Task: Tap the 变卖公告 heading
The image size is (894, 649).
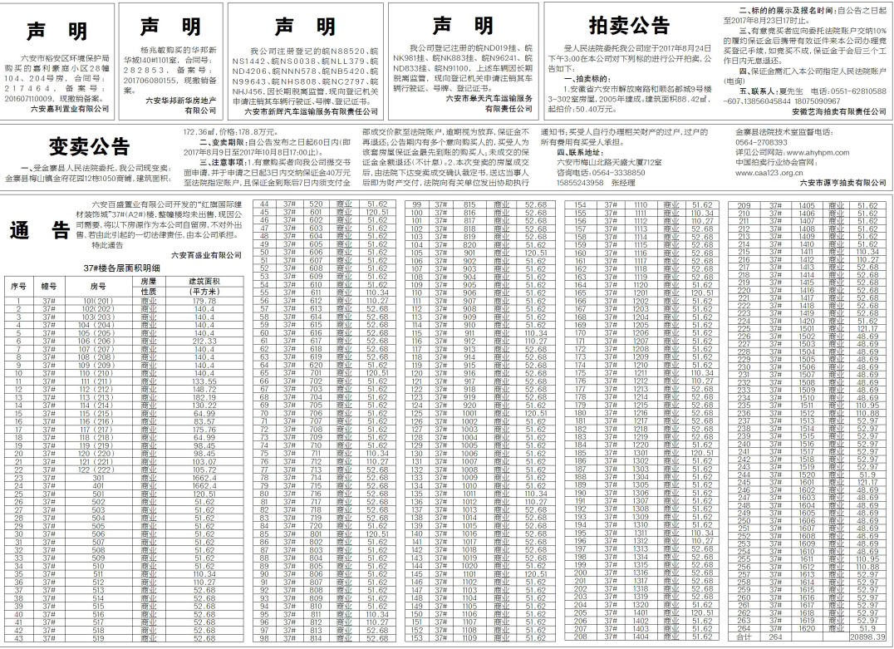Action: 89,147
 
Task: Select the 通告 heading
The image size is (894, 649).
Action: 41,230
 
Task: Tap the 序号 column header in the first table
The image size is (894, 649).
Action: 18,286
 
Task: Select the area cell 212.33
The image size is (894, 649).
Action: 204,341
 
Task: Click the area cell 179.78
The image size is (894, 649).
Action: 204,300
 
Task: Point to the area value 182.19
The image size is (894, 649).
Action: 204,397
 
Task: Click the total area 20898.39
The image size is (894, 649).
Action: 867,637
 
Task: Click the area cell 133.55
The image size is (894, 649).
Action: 204,381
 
